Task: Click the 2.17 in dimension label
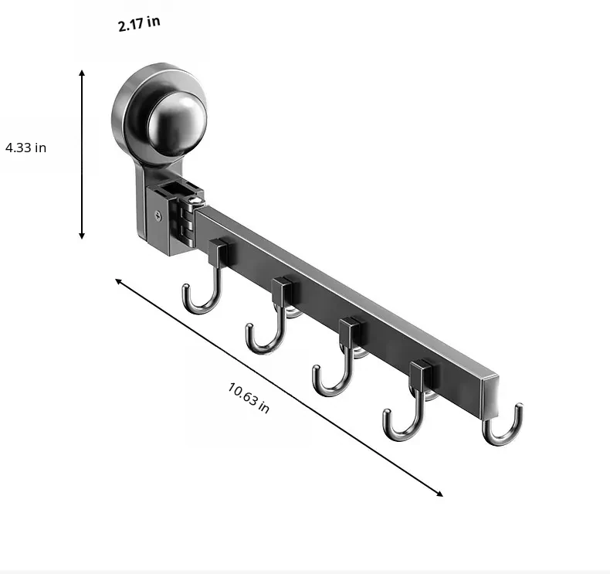click(x=139, y=24)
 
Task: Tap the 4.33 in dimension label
click(x=25, y=148)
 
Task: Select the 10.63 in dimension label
click(x=248, y=398)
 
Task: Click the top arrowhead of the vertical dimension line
click(x=82, y=73)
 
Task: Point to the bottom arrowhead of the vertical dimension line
click(x=82, y=236)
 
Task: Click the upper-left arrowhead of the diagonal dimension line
click(x=118, y=281)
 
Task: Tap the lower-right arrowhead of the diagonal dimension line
click(x=439, y=494)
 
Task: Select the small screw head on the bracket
click(x=158, y=216)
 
